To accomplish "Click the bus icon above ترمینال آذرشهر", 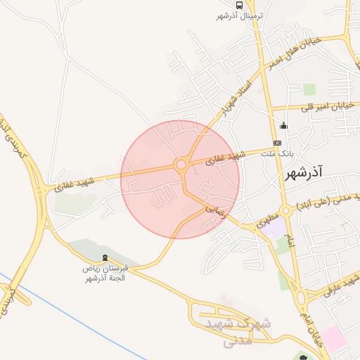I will click(x=240, y=5).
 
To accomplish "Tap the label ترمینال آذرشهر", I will click(x=240, y=15).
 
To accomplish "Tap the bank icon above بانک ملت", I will click(x=277, y=143).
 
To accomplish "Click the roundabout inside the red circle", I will click(x=181, y=165).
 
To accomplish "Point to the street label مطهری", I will click(x=270, y=218).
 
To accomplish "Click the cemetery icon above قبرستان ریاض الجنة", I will click(x=105, y=258).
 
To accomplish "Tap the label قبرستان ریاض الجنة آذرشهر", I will click(x=103, y=274).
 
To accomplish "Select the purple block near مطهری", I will click(x=274, y=228).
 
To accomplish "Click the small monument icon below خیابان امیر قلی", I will click(x=283, y=126).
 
